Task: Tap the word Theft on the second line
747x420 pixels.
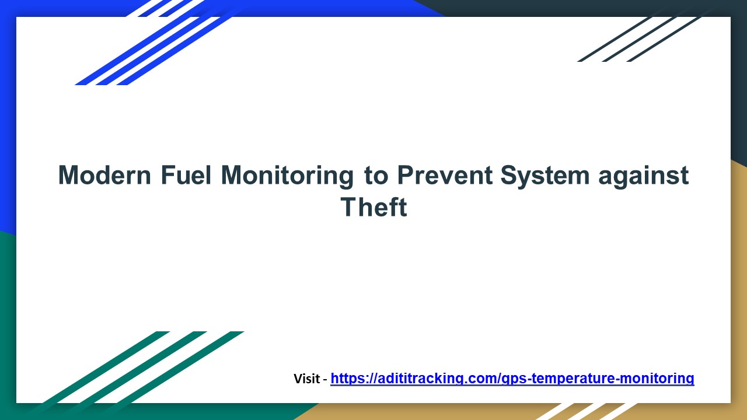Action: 373,208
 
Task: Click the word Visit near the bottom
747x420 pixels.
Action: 306,379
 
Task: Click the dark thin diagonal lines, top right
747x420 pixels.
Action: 642,38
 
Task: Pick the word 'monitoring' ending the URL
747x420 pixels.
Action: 659,379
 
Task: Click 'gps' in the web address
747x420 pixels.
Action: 512,379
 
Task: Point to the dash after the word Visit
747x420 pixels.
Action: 325,379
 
